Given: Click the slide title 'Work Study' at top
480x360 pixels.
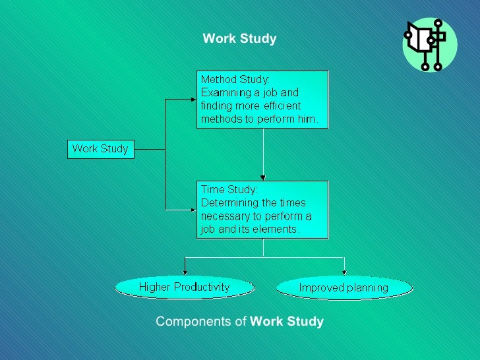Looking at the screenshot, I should click(239, 39).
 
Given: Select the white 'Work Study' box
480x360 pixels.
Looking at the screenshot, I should click(100, 149).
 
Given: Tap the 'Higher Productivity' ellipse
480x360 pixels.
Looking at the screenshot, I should click(184, 287).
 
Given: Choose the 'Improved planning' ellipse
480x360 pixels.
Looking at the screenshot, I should click(344, 287).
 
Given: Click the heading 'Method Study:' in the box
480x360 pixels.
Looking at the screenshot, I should click(235, 80).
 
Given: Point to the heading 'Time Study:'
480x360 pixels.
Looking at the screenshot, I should click(229, 190).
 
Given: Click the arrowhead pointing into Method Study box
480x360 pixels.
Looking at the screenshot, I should click(194, 100).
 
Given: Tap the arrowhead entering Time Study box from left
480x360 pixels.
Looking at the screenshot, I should click(194, 210).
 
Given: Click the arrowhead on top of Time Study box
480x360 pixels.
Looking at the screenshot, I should click(263, 177).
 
